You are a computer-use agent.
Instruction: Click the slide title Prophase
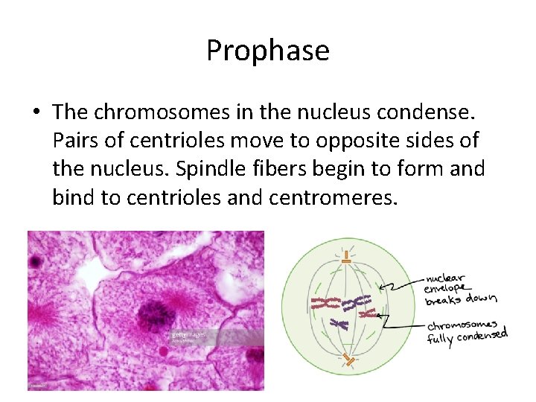pos(267,51)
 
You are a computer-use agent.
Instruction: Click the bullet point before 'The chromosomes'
pos(36,112)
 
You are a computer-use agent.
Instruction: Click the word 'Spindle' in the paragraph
pos(202,168)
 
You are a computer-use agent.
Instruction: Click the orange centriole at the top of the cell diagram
pos(345,260)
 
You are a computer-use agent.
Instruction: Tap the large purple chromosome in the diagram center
pos(357,302)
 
